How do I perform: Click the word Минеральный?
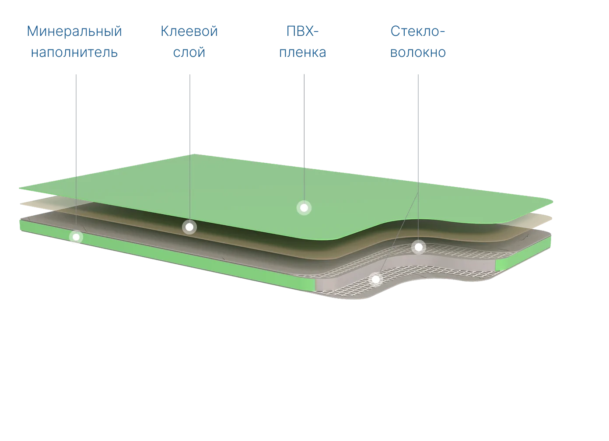tap(74, 31)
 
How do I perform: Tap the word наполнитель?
tap(74, 52)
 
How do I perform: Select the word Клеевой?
tap(189, 31)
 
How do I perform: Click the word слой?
tap(189, 52)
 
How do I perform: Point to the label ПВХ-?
tap(302, 31)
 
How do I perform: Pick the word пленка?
tap(303, 52)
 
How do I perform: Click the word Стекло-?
tap(418, 31)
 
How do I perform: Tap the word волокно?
tap(418, 52)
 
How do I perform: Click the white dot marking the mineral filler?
tap(76, 237)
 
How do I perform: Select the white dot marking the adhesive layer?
tap(189, 227)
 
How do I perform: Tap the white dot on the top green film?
tap(304, 208)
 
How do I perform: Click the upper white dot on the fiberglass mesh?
tap(419, 247)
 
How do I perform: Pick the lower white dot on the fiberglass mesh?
tap(376, 279)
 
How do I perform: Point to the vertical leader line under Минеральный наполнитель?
tap(76, 152)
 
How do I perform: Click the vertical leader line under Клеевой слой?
tap(190, 147)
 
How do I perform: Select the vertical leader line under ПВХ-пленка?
tap(304, 137)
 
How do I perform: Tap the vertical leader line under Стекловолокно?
tap(418, 157)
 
